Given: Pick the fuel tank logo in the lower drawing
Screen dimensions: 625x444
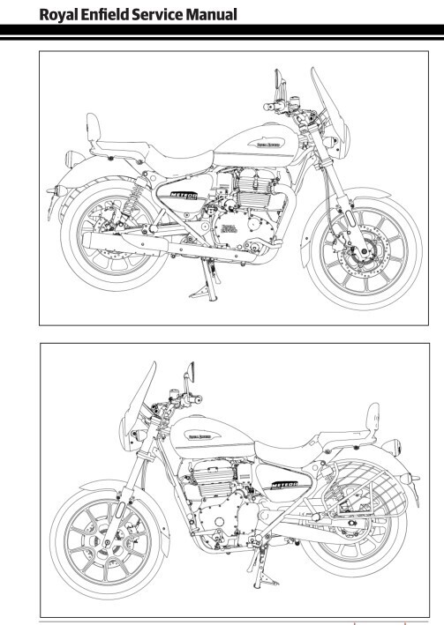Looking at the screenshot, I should (x=202, y=435).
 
